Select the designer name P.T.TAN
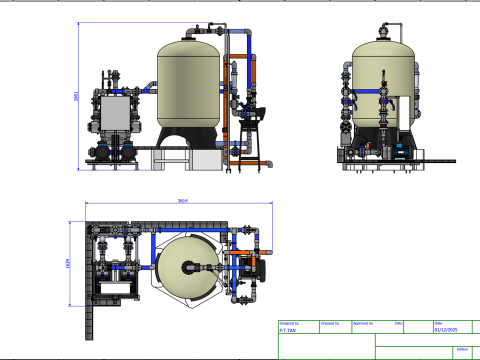point(288,330)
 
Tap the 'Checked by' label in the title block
point(329,323)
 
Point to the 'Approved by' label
point(364,323)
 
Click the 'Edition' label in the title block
point(461,349)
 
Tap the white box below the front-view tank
point(206,159)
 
